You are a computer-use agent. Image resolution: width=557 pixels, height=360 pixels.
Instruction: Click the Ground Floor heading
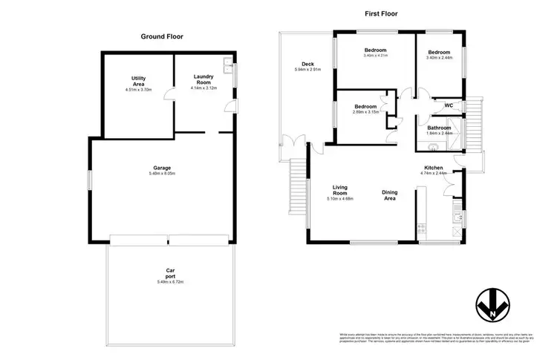pos(162,36)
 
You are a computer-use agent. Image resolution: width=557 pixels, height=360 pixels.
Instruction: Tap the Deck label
pos(307,64)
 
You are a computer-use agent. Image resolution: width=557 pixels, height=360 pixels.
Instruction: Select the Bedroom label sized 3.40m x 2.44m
pos(439,52)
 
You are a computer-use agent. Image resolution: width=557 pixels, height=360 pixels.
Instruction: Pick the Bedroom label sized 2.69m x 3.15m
pos(365,106)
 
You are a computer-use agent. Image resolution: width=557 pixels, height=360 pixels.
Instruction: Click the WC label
pos(449,105)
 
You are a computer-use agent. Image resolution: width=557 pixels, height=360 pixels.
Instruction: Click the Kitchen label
pos(434,168)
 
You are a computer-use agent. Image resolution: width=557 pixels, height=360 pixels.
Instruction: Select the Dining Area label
pos(389,195)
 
